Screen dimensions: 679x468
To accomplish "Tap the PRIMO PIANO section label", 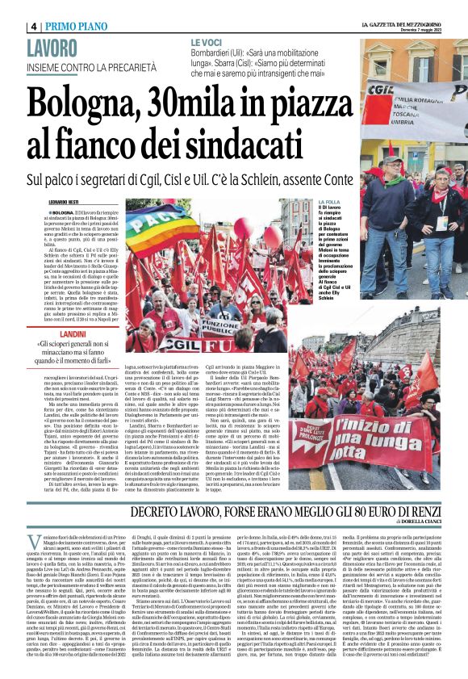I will (79, 25).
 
